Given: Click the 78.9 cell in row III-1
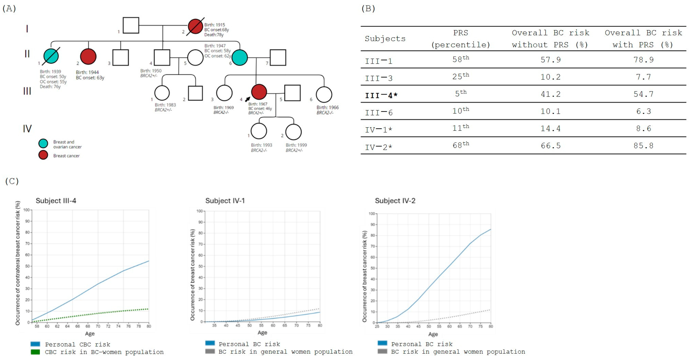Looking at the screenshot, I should [643, 60].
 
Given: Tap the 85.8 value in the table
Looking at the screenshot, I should [643, 146].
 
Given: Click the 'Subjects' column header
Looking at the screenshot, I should [385, 39].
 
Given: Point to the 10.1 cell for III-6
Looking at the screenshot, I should [550, 111].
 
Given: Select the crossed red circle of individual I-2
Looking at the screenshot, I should [195, 26].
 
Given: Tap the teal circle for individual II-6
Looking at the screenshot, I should [239, 57].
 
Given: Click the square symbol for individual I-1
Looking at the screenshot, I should [131, 25].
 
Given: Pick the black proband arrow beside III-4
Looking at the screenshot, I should [247, 99].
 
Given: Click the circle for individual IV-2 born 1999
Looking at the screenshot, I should [293, 132].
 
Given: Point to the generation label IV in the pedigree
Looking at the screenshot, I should [27, 129].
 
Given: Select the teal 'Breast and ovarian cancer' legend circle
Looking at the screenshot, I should [43, 143].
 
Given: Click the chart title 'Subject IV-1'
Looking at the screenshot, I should [225, 201].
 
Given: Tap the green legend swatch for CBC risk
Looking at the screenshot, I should [35, 352].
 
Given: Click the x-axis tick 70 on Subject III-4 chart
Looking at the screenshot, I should [98, 326].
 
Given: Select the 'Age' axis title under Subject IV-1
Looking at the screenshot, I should [262, 333].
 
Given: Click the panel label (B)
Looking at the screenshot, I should [368, 8].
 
